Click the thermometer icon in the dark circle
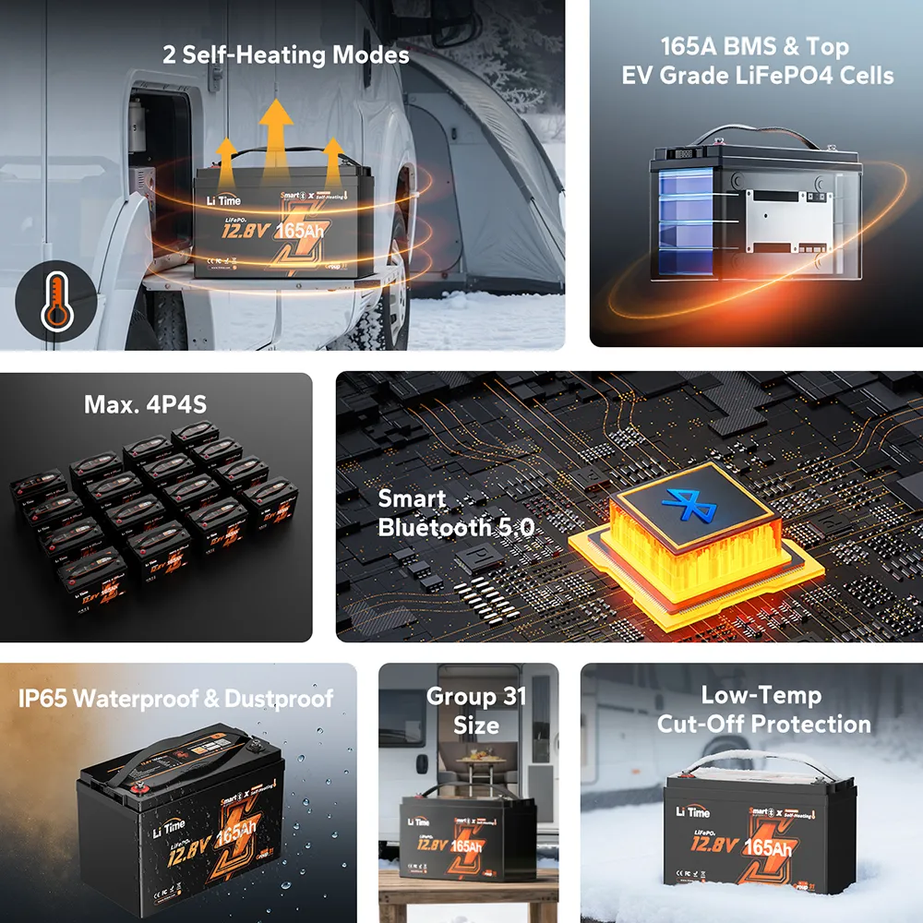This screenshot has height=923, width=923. (x=55, y=302)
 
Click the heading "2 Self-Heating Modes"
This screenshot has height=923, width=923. (x=286, y=55)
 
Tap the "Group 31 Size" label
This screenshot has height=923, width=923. (x=476, y=710)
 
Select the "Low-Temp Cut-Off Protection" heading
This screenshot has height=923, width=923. (x=762, y=709)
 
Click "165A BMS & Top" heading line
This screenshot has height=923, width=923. (x=754, y=46)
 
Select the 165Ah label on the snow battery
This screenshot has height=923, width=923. (x=768, y=847)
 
